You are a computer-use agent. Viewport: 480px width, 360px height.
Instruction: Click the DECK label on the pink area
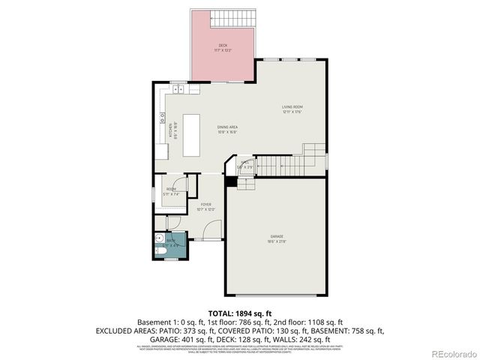point(224,46)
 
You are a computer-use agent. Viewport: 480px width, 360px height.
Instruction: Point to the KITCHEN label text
point(171,132)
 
